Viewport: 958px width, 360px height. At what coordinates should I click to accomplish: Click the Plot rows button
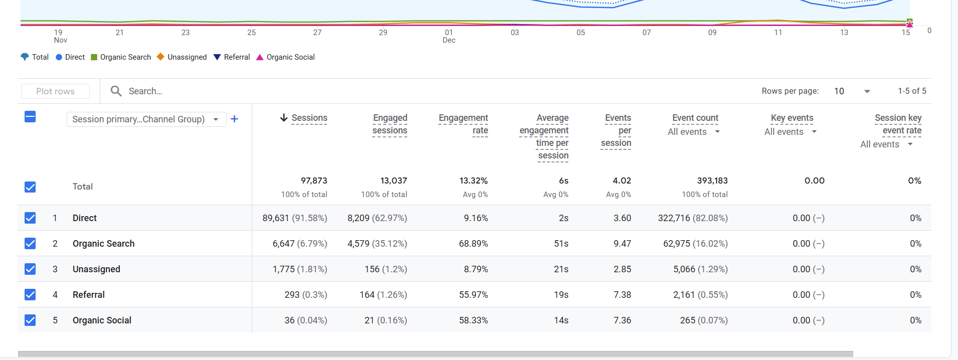[x=55, y=91]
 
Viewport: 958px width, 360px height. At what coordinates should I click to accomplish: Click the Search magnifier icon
[x=116, y=91]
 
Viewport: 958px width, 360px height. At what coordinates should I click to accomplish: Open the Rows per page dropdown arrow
[x=867, y=91]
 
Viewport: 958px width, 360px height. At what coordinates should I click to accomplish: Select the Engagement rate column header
[x=463, y=124]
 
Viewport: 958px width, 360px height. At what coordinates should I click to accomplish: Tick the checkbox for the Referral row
[x=30, y=294]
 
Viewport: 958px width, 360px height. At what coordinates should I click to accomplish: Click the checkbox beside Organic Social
[x=30, y=320]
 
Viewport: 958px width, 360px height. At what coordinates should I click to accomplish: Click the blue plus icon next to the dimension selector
[x=234, y=119]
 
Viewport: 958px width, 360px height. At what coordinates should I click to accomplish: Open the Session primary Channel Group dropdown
[x=146, y=119]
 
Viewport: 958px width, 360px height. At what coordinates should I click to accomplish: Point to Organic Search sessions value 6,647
[x=283, y=244]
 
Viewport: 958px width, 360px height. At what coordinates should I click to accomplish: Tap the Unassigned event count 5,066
[x=684, y=269]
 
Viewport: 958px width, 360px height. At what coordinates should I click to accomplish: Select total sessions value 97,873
[x=314, y=181]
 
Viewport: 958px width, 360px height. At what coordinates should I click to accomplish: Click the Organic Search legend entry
[x=121, y=57]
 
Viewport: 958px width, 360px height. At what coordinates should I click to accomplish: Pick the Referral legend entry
[x=232, y=57]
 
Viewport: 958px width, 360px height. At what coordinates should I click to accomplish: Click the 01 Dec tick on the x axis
[x=449, y=36]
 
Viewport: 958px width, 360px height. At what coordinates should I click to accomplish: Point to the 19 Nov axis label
[x=60, y=36]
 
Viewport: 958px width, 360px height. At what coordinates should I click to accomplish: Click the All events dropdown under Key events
[x=790, y=132]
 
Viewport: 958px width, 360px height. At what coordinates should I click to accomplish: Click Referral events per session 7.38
[x=622, y=295]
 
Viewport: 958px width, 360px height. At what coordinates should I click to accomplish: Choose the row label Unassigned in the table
[x=96, y=269]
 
